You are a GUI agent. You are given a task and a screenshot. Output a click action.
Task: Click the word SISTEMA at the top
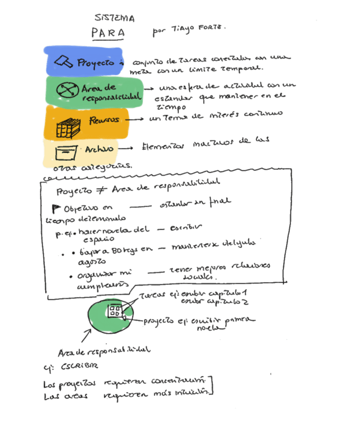[x=118, y=19]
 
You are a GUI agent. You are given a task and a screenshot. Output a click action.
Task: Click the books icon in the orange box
[x=67, y=126]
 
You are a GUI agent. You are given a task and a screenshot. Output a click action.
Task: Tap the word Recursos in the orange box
[x=104, y=120]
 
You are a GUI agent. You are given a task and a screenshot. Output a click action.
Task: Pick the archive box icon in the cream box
[x=67, y=152]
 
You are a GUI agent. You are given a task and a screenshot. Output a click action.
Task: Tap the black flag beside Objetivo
[x=56, y=209]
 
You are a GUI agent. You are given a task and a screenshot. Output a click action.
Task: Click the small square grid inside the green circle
[x=113, y=311]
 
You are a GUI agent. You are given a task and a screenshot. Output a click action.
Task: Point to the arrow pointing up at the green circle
[x=85, y=335]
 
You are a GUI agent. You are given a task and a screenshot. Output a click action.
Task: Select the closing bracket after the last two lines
[x=211, y=385]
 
